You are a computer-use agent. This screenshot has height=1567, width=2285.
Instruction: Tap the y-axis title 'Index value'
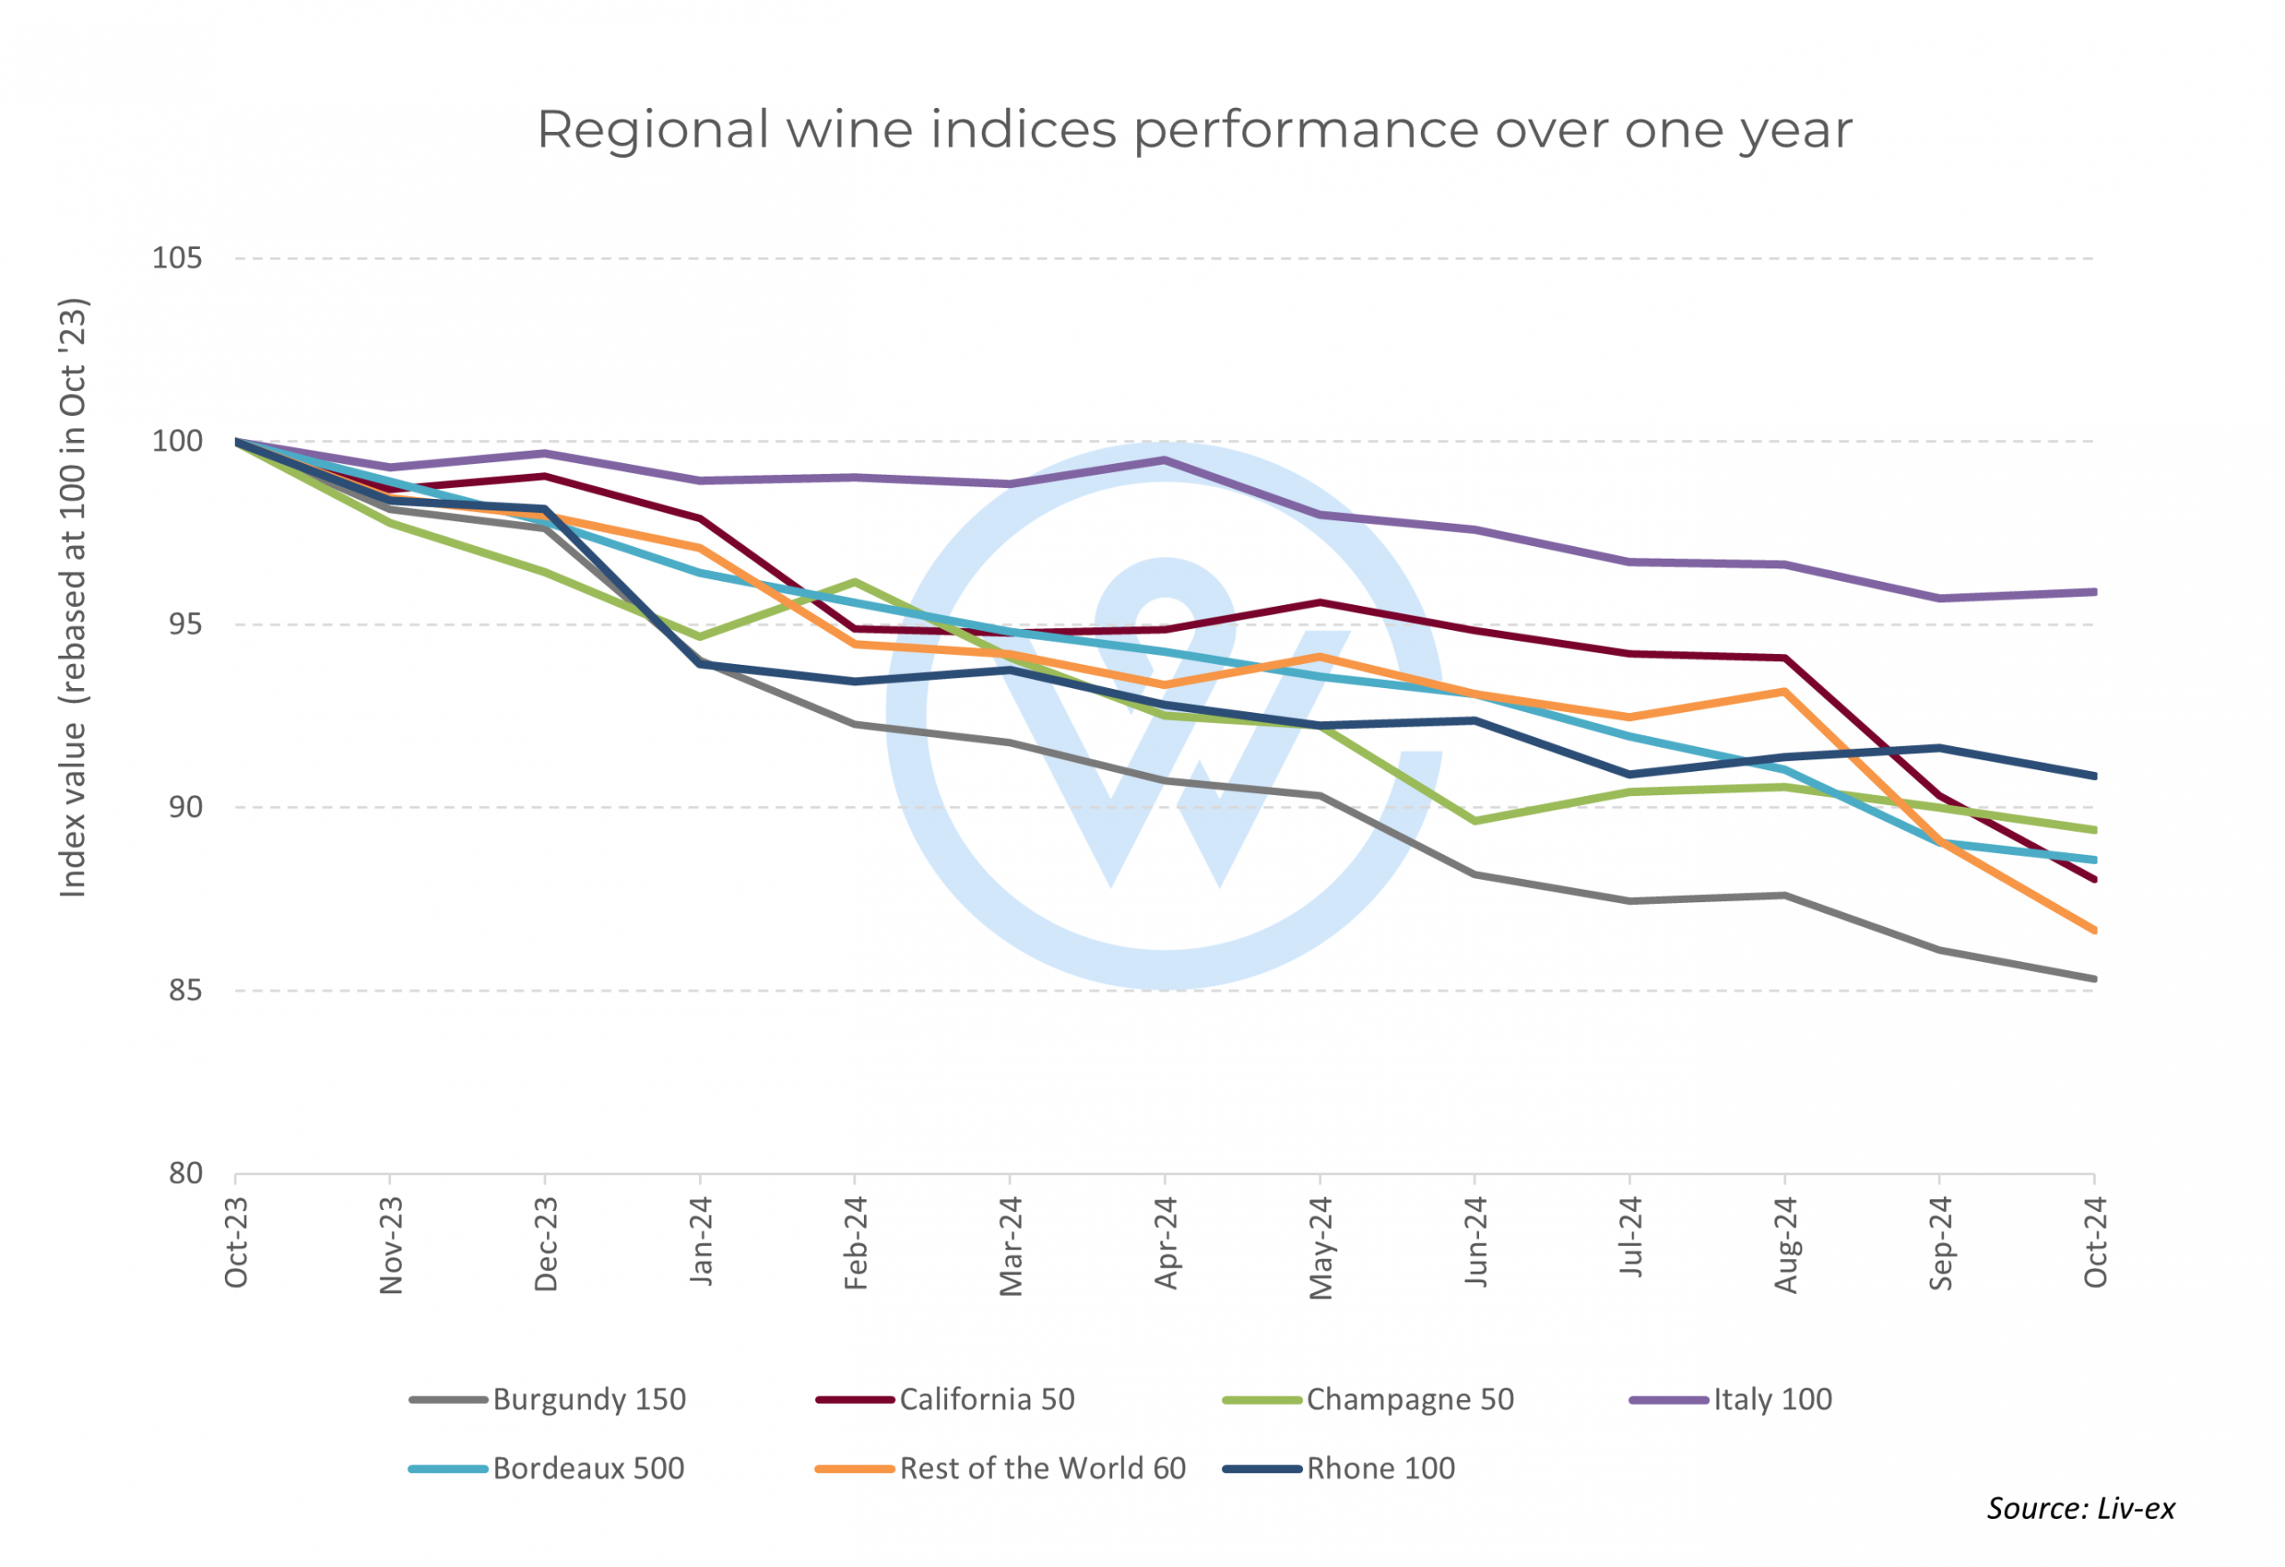coord(74,598)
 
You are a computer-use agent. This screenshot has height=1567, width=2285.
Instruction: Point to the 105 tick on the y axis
coord(177,259)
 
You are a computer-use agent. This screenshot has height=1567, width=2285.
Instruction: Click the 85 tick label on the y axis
coord(185,990)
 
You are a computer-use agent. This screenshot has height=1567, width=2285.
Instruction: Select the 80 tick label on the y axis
coord(185,1173)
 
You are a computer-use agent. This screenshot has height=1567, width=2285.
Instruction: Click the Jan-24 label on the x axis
coord(700,1240)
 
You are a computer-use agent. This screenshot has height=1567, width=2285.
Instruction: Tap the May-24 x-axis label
coord(1319,1248)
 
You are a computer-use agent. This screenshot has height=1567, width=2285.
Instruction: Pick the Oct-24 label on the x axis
coord(2094,1242)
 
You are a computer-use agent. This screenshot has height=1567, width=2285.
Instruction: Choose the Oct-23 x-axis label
coord(236,1242)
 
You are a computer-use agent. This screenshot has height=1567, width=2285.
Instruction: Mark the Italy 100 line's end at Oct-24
coord(2094,592)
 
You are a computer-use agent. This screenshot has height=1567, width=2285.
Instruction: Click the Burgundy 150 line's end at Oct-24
coord(2094,979)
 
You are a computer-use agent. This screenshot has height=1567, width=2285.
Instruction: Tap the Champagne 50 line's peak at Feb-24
coord(855,582)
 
